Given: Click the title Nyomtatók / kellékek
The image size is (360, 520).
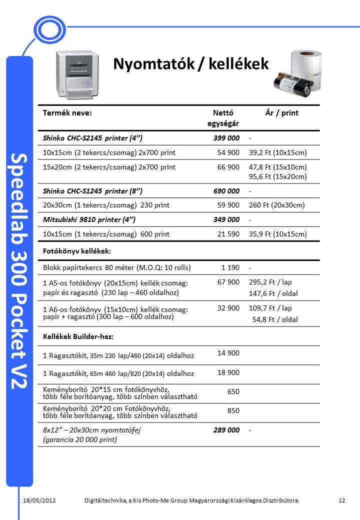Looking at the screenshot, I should coord(191,64).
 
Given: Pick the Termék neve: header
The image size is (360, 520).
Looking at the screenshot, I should coord(67,113).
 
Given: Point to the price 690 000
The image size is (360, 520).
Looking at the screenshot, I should coord(226,191).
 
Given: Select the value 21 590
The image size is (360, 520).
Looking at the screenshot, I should coord(228,234).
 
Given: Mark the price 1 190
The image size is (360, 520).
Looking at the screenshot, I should coord(230,267).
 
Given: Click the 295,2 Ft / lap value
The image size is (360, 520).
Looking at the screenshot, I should coord(270,282).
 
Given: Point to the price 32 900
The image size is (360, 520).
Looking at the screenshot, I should coord(228,308).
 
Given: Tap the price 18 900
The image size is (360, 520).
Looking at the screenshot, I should coord(228,372).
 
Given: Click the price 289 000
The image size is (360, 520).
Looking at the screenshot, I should coord(226,430).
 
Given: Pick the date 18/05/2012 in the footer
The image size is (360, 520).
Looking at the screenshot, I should coord(39,500).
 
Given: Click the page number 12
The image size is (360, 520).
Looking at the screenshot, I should coord(342,500).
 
